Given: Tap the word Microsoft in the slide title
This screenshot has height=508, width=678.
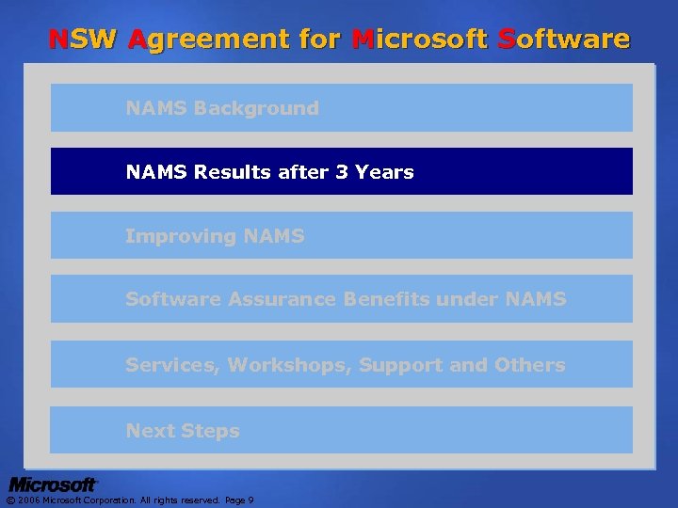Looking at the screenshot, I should point(420,40).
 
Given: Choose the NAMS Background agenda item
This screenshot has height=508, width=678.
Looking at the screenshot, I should point(222,108).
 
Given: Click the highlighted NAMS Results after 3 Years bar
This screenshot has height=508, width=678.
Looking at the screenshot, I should point(341,171).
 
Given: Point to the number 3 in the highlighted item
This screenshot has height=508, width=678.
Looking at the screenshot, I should point(341,172).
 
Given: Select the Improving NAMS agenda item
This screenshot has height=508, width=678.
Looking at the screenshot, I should point(215,236).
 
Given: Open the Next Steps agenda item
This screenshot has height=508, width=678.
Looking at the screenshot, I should point(183,431).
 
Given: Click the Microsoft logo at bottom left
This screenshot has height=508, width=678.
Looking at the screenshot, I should point(53,484).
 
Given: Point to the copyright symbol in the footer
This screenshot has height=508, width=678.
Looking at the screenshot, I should point(10,500).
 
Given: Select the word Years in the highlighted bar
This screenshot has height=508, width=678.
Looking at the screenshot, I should point(384,172).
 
